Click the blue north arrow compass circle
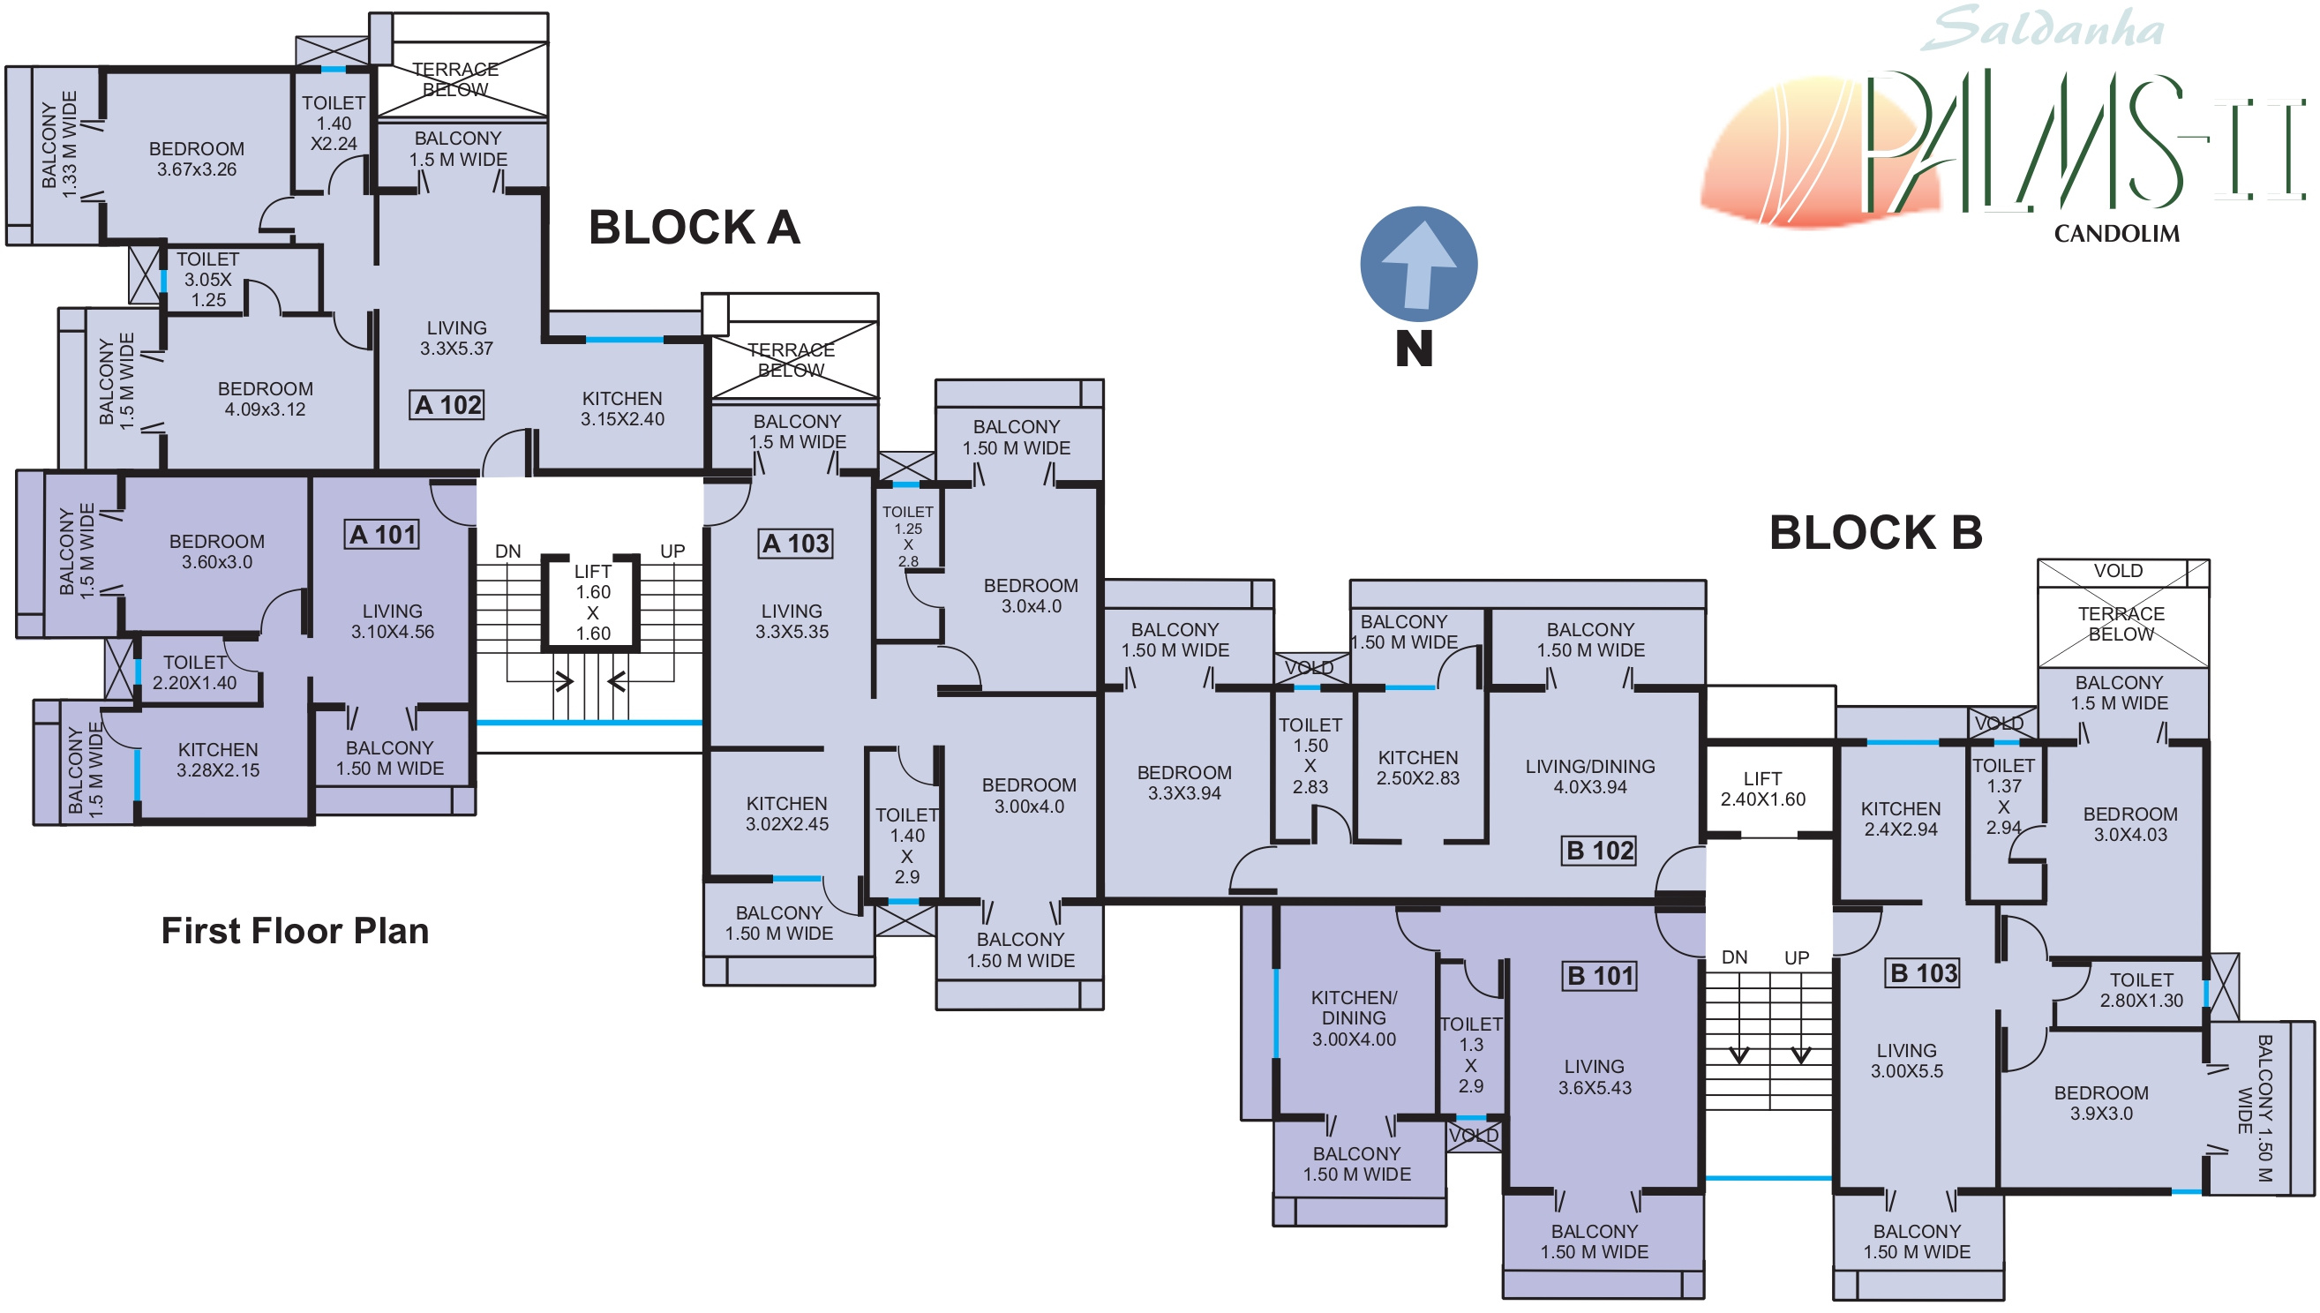(1417, 264)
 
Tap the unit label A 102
(447, 405)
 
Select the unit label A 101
(382, 535)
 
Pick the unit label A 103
(795, 544)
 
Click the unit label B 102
(1600, 851)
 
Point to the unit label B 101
(1600, 976)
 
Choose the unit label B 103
(1922, 973)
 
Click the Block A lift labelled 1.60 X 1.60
(592, 603)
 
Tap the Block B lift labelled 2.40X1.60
(1762, 789)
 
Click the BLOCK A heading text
(694, 228)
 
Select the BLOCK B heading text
(1875, 533)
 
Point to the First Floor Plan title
(295, 931)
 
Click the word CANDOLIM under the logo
(2116, 234)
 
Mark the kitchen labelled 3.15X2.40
(622, 409)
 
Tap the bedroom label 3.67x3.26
(197, 159)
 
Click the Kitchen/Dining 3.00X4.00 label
(1354, 1018)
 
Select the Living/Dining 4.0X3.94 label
(1589, 777)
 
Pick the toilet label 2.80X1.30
(2141, 989)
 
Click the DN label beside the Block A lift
(507, 551)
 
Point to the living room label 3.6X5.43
(1594, 1077)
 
